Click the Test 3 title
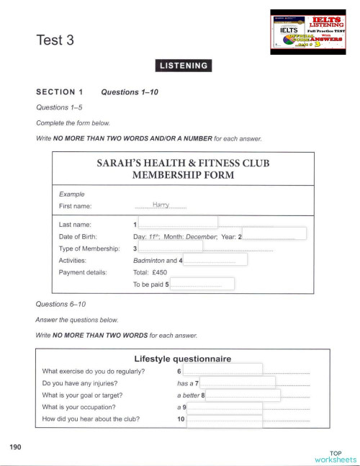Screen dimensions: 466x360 click(55, 40)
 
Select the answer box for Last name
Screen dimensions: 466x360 click(178, 222)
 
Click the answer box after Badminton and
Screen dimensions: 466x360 click(216, 259)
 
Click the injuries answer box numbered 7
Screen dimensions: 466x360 click(238, 382)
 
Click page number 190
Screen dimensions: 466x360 click(16, 448)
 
